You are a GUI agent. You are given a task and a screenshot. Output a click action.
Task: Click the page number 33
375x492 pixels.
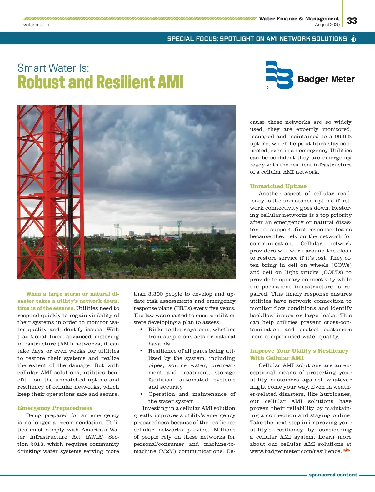pos(352,21)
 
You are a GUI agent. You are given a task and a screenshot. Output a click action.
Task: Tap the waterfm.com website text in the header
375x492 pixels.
pos(36,25)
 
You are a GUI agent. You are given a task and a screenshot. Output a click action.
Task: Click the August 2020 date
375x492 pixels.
pos(327,25)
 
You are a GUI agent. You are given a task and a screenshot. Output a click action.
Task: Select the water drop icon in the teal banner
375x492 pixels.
pos(354,38)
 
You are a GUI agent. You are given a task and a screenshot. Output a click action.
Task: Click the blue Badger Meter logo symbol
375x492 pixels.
pos(279,75)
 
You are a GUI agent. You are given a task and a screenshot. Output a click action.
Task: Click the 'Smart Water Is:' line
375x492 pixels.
pos(53,68)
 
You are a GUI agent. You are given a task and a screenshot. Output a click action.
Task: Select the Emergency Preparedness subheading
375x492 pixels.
pos(55,408)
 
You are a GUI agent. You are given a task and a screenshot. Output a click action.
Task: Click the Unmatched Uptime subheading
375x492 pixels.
pos(278,186)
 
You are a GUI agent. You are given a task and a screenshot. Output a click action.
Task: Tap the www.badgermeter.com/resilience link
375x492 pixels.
pos(296,451)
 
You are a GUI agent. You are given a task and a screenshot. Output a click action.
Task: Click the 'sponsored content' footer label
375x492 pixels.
pos(333,475)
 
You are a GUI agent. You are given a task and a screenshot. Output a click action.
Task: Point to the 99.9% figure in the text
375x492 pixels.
pos(343,137)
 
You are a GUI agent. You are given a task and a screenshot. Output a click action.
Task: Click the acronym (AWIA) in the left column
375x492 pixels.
pos(95,437)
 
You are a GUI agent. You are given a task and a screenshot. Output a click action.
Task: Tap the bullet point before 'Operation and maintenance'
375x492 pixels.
pos(142,394)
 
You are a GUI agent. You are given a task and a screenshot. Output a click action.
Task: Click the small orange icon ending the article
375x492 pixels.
pos(347,450)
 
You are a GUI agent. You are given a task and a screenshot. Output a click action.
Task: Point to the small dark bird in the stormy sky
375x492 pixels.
pos(165,179)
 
